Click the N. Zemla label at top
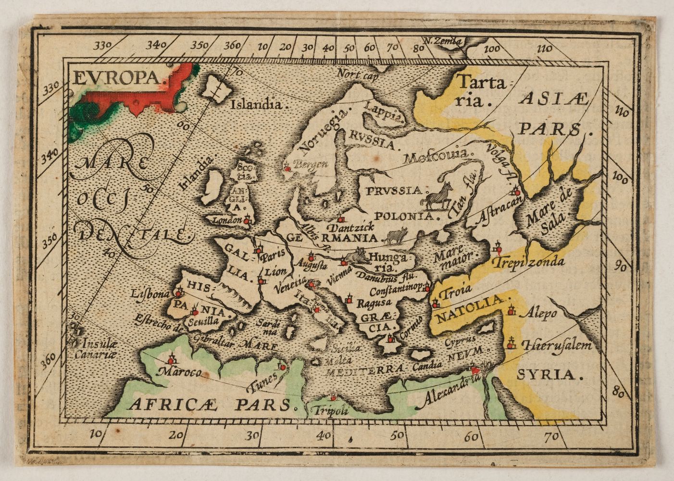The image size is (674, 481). tap(447, 41)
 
